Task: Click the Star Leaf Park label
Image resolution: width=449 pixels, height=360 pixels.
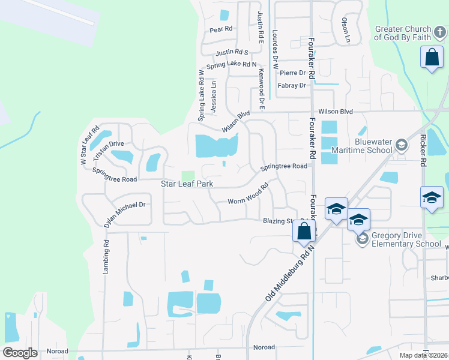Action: pos(187,183)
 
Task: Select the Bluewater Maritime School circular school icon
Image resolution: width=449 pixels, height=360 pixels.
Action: pos(402,145)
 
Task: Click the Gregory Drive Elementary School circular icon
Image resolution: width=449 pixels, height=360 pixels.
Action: pos(361,239)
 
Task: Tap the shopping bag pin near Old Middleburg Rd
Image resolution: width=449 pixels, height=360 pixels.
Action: pos(304,231)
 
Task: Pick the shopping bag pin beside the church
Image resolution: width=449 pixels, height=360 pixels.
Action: pos(432,59)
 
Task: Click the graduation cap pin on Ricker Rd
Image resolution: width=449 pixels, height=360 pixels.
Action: pos(432,198)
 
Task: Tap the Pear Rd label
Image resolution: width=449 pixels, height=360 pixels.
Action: pos(221,29)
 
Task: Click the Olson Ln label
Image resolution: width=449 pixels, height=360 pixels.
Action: pos(345,26)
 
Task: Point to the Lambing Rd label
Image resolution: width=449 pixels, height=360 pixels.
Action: pos(106,258)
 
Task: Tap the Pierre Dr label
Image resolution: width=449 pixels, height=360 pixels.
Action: pos(293,73)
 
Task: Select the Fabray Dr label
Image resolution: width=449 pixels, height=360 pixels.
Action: pos(292,86)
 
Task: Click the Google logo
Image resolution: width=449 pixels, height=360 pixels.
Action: pos(20,353)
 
